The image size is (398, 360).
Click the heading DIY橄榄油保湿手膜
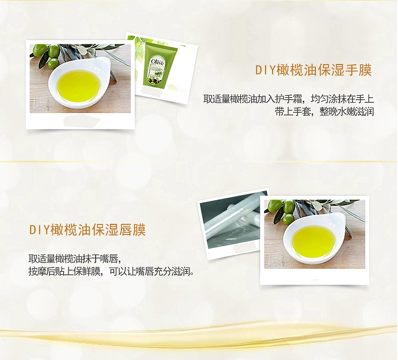[x=313, y=70]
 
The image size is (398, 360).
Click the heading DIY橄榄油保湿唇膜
[x=88, y=230]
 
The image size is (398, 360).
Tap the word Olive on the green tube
[x=157, y=62]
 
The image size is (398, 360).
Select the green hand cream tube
[x=158, y=64]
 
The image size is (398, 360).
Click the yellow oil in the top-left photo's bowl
[x=79, y=86]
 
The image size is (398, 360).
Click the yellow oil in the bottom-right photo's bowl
[x=314, y=242]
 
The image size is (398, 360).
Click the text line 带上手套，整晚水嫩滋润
[x=324, y=111]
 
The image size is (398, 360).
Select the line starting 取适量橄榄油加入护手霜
[x=289, y=99]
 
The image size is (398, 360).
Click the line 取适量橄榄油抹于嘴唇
[x=75, y=259]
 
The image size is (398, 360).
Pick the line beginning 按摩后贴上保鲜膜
[x=112, y=272]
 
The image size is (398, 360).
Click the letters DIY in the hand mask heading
[x=264, y=70]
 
